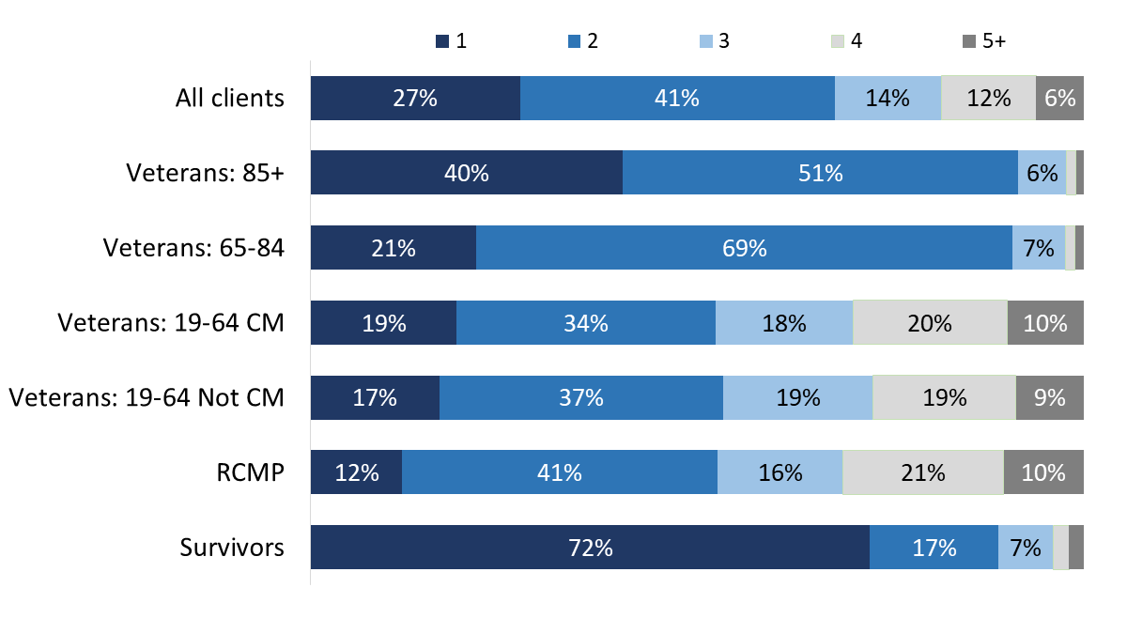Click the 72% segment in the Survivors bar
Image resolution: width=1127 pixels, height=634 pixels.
coord(590,548)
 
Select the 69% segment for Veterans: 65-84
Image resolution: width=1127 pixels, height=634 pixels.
coord(744,248)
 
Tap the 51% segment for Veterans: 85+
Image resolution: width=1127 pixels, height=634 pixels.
coord(820,173)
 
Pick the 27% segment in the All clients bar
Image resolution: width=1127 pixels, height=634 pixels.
coord(415,98)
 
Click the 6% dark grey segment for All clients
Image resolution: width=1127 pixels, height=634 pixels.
coord(1059,98)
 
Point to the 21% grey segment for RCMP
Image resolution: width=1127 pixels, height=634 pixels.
coord(922,472)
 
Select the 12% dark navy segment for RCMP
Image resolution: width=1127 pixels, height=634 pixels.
coord(356,472)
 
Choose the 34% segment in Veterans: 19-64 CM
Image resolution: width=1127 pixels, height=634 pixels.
coord(586,323)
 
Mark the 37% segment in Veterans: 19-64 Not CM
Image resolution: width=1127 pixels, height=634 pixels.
coord(580,397)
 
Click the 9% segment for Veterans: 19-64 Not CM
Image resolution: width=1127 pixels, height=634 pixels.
coord(1049,397)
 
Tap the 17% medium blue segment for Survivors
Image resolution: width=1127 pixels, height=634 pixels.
coord(934,548)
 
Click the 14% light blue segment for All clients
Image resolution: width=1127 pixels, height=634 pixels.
coord(888,98)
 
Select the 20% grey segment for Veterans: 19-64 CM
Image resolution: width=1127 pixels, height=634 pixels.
coord(930,323)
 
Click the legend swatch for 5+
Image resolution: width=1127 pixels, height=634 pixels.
coord(968,41)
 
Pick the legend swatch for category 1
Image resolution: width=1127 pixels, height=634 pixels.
coord(442,41)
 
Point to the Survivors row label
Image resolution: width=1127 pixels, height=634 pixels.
coord(232,548)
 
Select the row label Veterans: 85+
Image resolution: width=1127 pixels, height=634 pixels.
coord(206,173)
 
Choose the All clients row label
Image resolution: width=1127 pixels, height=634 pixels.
coord(230,98)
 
